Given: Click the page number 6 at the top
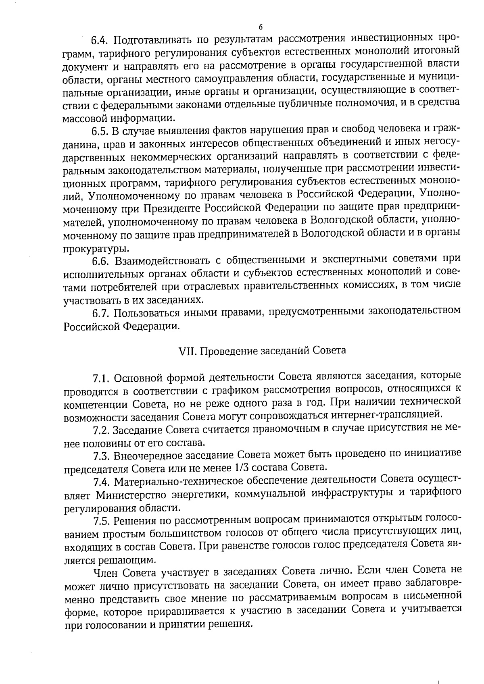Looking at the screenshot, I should pyautogui.click(x=260, y=27).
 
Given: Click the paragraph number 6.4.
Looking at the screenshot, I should pyautogui.click(x=100, y=40).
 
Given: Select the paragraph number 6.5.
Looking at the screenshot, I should pyautogui.click(x=100, y=131).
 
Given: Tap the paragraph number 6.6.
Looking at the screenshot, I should pyautogui.click(x=101, y=262).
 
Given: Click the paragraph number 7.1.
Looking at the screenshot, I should pyautogui.click(x=101, y=378).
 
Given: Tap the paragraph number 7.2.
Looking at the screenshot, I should pyautogui.click(x=101, y=430).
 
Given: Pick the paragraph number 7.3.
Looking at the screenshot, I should pyautogui.click(x=101, y=456).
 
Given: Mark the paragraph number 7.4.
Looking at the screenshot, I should pyautogui.click(x=101, y=482).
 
